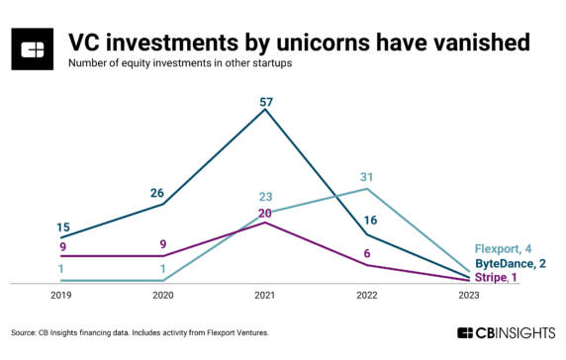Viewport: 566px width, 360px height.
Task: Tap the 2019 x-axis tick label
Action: point(60,295)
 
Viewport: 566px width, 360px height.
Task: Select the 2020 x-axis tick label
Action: point(162,295)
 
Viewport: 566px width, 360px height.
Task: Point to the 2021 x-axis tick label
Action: point(264,295)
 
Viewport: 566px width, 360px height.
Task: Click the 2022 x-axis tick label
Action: point(366,295)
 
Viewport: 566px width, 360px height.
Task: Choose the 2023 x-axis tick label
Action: point(469,295)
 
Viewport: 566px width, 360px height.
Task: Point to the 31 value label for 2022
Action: point(366,176)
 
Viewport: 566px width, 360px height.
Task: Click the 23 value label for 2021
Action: point(264,196)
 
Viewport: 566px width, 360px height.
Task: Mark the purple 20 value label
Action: point(264,212)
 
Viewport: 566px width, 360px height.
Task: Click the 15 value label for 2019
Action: point(60,225)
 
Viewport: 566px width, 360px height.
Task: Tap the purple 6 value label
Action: point(366,253)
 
